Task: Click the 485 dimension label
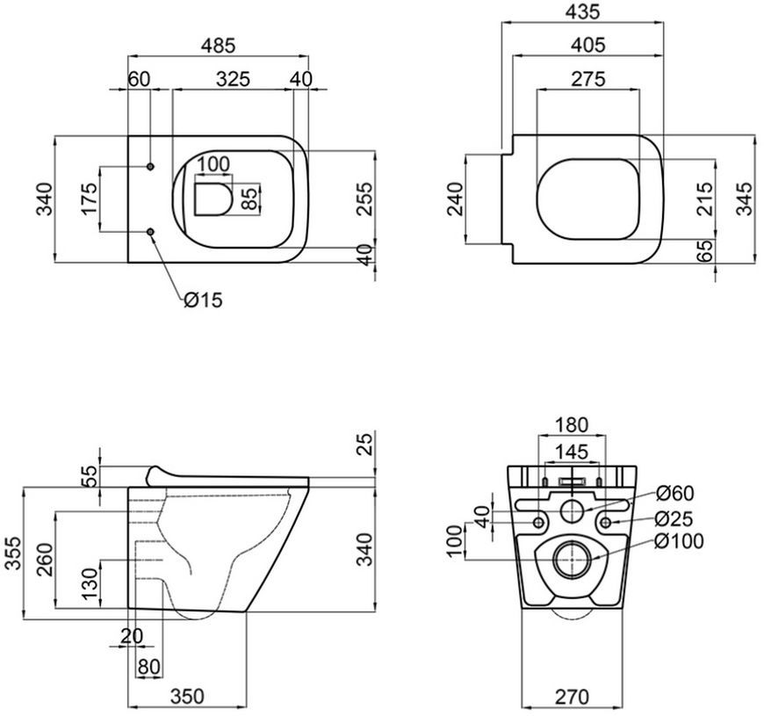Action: (218, 46)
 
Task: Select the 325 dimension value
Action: (233, 79)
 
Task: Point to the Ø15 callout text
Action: (203, 300)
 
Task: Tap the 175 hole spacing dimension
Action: (90, 199)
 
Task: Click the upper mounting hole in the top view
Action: (150, 167)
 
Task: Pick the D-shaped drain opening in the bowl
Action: (213, 199)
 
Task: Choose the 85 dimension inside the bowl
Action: (250, 199)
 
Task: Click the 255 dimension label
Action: (365, 199)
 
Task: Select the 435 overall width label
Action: (582, 11)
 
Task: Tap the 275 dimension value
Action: (588, 78)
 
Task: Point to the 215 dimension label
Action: (704, 199)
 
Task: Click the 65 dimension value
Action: (704, 250)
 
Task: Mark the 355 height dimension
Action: (13, 553)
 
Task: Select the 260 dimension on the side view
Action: (46, 560)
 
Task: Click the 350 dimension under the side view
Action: (187, 697)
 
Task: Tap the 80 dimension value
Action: (149, 667)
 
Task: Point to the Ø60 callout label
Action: (674, 493)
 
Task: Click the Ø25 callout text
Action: (674, 519)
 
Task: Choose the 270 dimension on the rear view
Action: (572, 697)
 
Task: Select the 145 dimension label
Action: (572, 452)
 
